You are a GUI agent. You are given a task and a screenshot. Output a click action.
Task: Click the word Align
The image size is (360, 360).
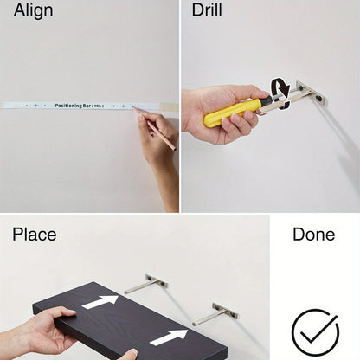click(34, 11)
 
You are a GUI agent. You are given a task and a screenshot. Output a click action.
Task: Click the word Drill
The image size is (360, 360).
click(207, 10)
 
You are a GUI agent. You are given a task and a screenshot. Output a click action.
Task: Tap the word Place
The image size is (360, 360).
click(35, 234)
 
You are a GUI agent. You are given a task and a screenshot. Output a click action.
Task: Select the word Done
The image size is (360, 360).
click(314, 234)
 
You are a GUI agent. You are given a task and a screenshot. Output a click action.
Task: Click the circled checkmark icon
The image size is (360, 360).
click(315, 332)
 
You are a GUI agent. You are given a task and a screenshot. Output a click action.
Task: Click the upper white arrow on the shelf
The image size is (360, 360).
click(100, 302)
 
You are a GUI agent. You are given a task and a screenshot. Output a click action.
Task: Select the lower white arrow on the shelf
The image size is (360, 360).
click(169, 337)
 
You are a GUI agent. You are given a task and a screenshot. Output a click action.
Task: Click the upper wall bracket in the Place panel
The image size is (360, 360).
click(146, 283)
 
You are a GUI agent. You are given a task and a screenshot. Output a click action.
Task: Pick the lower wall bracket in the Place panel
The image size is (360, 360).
click(215, 314)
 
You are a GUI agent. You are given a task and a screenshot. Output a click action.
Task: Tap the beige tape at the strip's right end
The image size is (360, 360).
click(169, 106)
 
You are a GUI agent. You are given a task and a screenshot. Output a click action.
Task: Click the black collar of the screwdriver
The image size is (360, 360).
click(267, 100)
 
